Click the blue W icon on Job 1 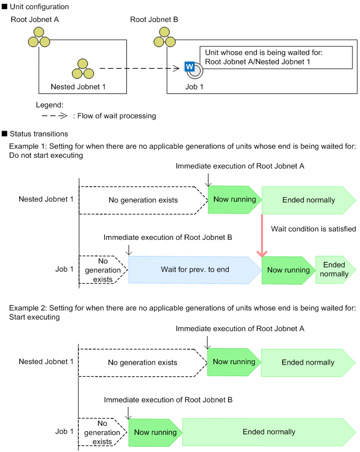pyautogui.click(x=188, y=67)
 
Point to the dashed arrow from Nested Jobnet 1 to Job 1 pyautogui.click(x=139, y=68)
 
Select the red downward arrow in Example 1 pyautogui.click(x=262, y=235)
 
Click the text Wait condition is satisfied pyautogui.click(x=313, y=229)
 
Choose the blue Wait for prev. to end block pyautogui.click(x=195, y=269)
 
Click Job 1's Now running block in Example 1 pyautogui.click(x=288, y=270)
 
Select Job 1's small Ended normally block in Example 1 pyautogui.click(x=334, y=269)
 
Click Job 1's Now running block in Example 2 pyautogui.click(x=155, y=432)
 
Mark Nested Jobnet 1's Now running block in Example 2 pyautogui.click(x=234, y=362)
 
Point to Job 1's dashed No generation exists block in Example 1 pyautogui.click(x=102, y=269)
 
